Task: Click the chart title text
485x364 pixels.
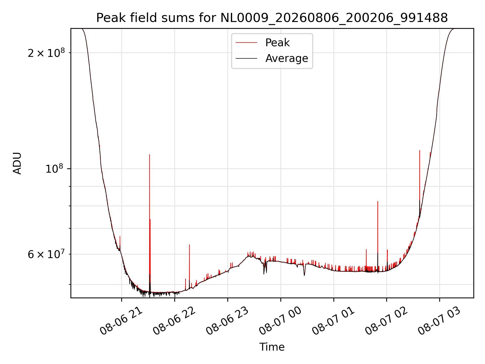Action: (x=272, y=18)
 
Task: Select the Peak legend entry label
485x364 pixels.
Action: (x=277, y=43)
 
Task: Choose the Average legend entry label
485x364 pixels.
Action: (x=287, y=58)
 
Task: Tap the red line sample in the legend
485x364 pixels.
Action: (x=246, y=43)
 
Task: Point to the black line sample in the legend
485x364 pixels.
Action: (x=246, y=58)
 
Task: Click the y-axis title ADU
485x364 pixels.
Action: (x=17, y=163)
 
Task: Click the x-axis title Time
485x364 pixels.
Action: (x=272, y=347)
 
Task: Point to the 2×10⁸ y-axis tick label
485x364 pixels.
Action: (x=46, y=53)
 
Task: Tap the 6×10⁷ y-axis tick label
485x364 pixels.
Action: (x=46, y=254)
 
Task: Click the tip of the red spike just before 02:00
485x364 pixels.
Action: (x=378, y=201)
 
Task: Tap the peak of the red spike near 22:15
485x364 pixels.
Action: (x=189, y=245)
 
